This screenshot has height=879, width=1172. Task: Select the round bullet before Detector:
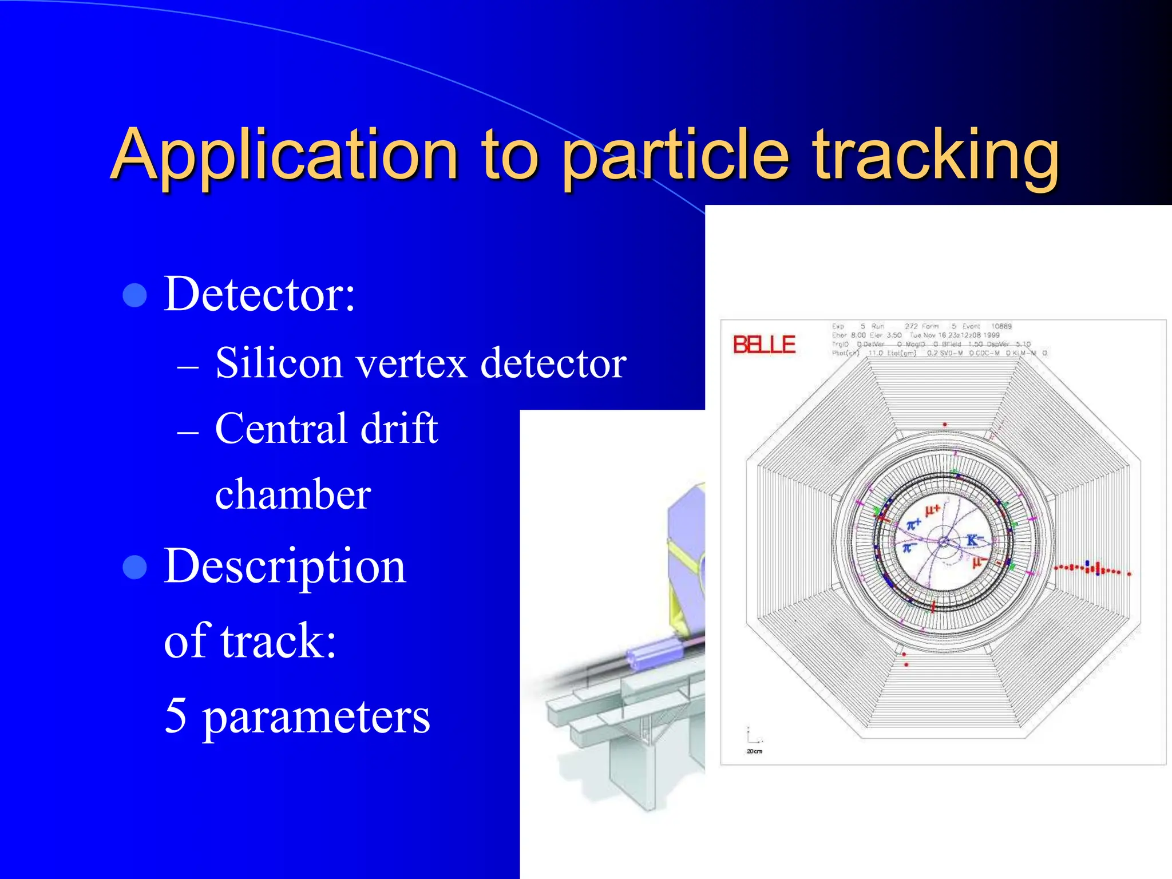pyautogui.click(x=135, y=295)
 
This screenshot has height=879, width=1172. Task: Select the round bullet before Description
pyautogui.click(x=135, y=567)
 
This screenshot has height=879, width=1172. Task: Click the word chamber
pyautogui.click(x=293, y=494)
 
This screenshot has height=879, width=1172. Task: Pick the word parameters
pyautogui.click(x=316, y=718)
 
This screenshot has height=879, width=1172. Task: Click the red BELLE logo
pyautogui.click(x=764, y=345)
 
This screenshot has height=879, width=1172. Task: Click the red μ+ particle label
pyautogui.click(x=933, y=509)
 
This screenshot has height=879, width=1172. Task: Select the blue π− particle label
pyautogui.click(x=909, y=549)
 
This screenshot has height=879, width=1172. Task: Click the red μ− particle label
pyautogui.click(x=979, y=563)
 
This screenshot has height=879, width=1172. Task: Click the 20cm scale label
pyautogui.click(x=754, y=751)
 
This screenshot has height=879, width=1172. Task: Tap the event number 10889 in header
pyautogui.click(x=1001, y=326)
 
